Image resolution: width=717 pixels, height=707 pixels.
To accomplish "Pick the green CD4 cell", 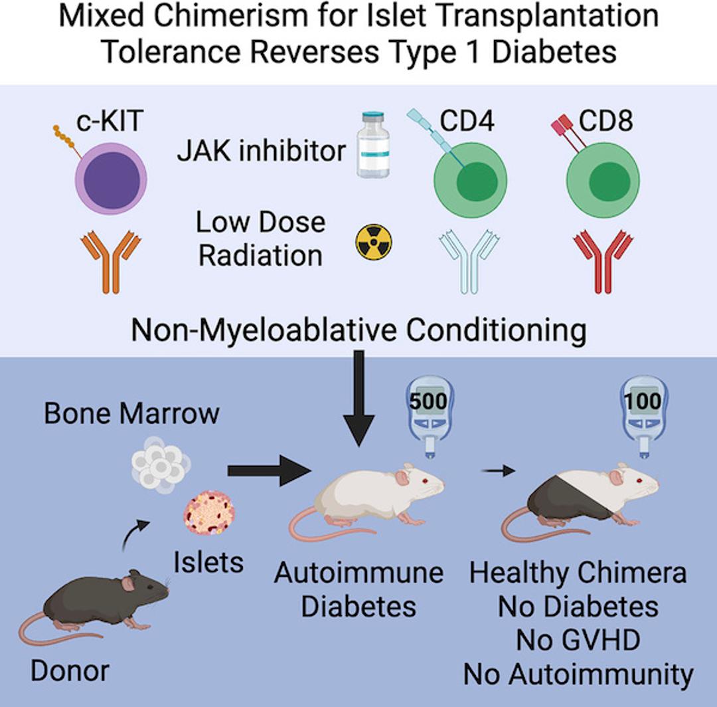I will pyautogui.click(x=470, y=183).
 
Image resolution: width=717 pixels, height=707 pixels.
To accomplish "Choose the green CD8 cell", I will pyautogui.click(x=603, y=183).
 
